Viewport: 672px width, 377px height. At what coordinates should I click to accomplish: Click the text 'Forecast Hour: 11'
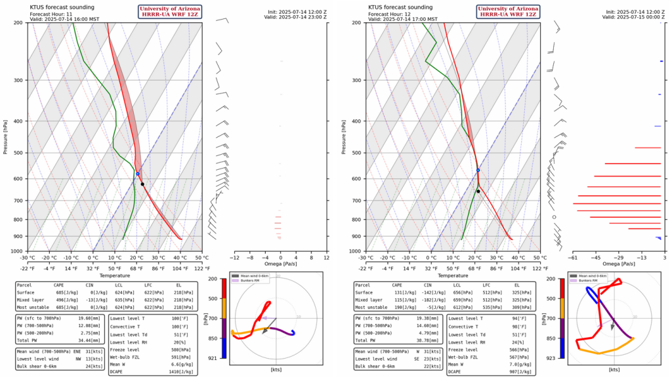click(52, 13)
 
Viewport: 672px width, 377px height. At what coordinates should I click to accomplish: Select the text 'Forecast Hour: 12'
click(392, 13)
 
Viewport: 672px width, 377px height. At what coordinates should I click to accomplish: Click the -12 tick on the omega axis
click(234, 257)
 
